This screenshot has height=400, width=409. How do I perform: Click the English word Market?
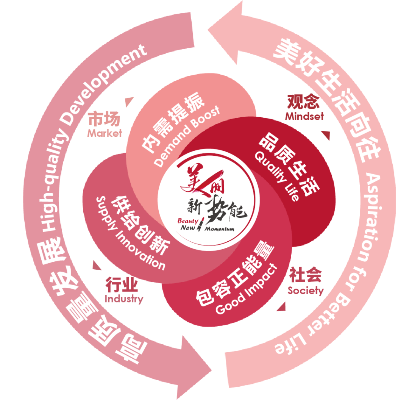coord(105,133)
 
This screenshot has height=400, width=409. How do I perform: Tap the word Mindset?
coord(304,116)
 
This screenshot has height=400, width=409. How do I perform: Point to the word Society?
coord(306,291)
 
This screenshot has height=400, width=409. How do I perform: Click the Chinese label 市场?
coord(104,119)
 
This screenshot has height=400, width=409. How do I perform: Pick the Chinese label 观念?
coord(303,102)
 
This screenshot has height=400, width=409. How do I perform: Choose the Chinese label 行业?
coord(121,284)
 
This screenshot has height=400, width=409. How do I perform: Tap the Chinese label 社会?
coord(306,275)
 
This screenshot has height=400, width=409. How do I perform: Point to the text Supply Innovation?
coord(131,233)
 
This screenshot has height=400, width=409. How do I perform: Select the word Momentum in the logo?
coord(220,229)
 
